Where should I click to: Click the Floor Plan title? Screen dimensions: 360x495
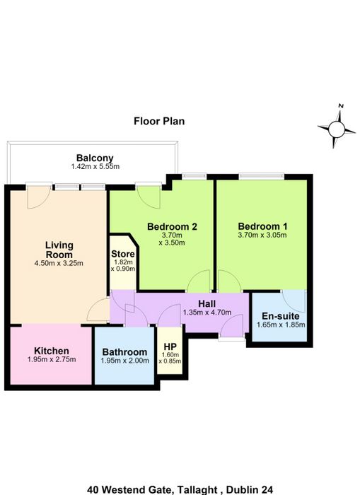tap(159, 121)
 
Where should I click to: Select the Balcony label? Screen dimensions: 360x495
tap(95, 158)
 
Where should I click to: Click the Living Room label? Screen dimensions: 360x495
tap(59, 250)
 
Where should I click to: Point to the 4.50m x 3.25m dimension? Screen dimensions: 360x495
tap(59, 263)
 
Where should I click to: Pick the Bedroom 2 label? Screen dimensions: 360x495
tap(172, 226)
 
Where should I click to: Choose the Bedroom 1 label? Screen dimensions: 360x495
tap(262, 226)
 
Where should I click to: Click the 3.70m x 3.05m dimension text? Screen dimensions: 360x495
tap(262, 235)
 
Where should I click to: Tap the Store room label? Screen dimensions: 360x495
tap(123, 254)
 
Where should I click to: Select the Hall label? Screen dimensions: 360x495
tap(207, 303)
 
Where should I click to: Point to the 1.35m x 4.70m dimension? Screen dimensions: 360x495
tap(207, 313)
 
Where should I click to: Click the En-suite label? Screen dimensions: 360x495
tap(280, 316)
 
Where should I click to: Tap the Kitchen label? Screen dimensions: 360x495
tap(52, 351)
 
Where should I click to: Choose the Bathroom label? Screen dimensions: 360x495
tap(124, 351)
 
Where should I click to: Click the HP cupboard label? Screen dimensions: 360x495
tap(170, 346)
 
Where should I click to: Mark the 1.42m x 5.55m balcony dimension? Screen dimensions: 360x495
tap(95, 167)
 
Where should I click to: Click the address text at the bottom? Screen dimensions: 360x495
tap(180, 489)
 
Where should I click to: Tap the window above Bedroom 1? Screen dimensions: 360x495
tap(262, 176)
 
